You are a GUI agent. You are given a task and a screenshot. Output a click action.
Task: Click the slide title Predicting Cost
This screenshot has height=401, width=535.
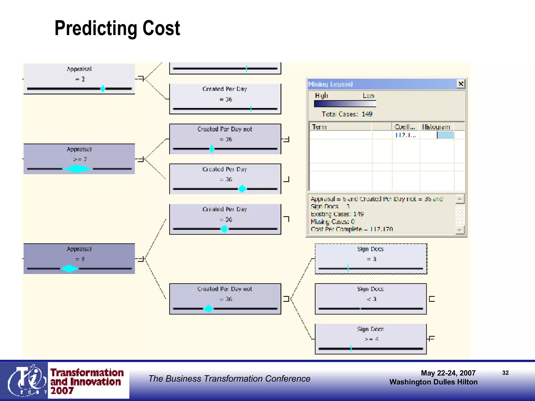click(117, 28)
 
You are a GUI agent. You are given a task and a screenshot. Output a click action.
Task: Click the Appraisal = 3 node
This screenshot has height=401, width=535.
click(79, 79)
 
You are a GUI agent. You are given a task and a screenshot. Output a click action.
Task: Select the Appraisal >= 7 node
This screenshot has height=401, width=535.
click(79, 159)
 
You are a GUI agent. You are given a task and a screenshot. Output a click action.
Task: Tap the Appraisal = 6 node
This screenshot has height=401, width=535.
click(79, 258)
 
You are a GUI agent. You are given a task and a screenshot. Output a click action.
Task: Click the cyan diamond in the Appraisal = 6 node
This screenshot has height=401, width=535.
click(69, 268)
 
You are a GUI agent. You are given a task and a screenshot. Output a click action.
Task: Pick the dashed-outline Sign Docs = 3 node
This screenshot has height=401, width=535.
click(371, 259)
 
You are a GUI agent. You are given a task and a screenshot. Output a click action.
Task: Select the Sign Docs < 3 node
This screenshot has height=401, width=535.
click(371, 299)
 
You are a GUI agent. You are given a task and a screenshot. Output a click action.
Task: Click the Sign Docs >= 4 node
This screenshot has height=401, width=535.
click(371, 339)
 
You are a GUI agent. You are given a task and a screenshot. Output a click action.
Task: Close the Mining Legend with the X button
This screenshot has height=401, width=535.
click(461, 84)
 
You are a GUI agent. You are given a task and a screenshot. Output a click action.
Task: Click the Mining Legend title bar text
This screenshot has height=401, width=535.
click(330, 84)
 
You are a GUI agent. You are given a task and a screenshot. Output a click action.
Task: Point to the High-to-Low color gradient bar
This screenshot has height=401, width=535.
click(345, 104)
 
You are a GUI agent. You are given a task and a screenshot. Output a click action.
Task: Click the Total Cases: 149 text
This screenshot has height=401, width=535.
click(347, 114)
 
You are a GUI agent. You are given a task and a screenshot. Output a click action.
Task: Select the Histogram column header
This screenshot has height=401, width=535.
click(436, 127)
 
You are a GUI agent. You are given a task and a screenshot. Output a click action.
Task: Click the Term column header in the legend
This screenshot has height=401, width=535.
click(319, 127)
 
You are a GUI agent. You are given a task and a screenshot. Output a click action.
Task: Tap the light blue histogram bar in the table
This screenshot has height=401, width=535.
click(445, 135)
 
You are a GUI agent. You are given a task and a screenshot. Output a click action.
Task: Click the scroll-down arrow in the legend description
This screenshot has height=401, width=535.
click(460, 230)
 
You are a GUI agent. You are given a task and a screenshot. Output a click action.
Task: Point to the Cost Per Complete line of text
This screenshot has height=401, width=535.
click(352, 229)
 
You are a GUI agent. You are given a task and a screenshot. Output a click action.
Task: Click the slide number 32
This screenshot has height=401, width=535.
click(505, 373)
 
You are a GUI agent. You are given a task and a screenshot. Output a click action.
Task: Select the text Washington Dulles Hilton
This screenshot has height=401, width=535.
click(433, 382)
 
